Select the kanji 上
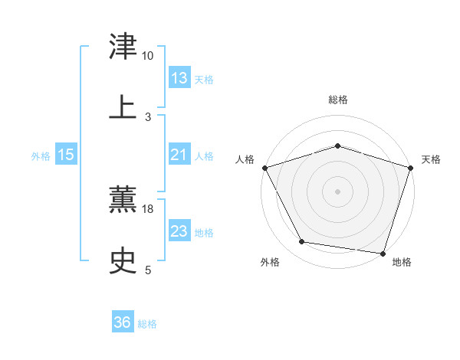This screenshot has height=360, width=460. pyautogui.click(x=123, y=106)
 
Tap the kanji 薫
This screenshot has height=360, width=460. pyautogui.click(x=123, y=201)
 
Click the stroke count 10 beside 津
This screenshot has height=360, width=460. pyautogui.click(x=148, y=56)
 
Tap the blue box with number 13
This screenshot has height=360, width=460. pyautogui.click(x=179, y=78)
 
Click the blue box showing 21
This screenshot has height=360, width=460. pyautogui.click(x=179, y=155)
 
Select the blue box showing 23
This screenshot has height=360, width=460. pyautogui.click(x=179, y=231)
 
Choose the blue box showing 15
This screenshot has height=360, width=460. pyautogui.click(x=66, y=155)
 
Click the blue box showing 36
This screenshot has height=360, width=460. pyautogui.click(x=123, y=322)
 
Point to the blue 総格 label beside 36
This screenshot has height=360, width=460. pyautogui.click(x=147, y=324)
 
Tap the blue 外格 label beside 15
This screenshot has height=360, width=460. pyautogui.click(x=41, y=156)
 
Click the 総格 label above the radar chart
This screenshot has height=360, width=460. pyautogui.click(x=337, y=100)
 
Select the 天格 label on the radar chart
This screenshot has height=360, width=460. pyautogui.click(x=431, y=159)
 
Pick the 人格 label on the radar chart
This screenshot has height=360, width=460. pyautogui.click(x=245, y=159)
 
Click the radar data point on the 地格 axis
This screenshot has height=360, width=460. pyautogui.click(x=383, y=253)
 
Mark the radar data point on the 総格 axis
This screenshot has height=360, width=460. pyautogui.click(x=337, y=146)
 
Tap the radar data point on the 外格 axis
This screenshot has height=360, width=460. pyautogui.click(x=303, y=243)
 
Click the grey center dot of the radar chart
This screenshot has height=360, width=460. pyautogui.click(x=337, y=191)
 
